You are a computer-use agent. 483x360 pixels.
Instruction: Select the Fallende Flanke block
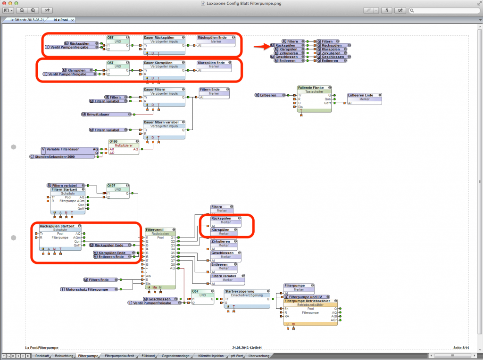point(314,88)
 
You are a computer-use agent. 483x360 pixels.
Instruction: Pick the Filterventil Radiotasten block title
point(160,229)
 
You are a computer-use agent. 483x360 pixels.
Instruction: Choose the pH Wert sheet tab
point(237,356)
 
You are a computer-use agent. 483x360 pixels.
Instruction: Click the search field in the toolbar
point(443,10)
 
